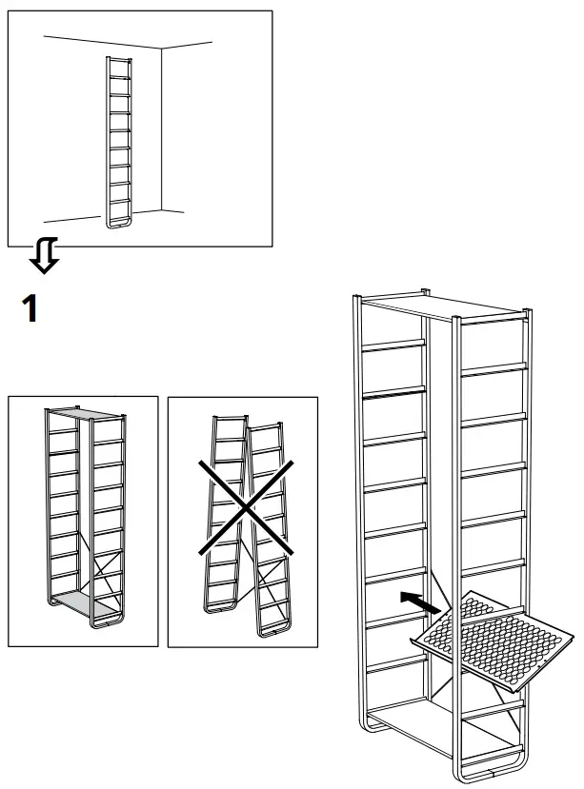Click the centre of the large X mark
tap(246, 511)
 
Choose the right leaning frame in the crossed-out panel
tap(272, 533)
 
